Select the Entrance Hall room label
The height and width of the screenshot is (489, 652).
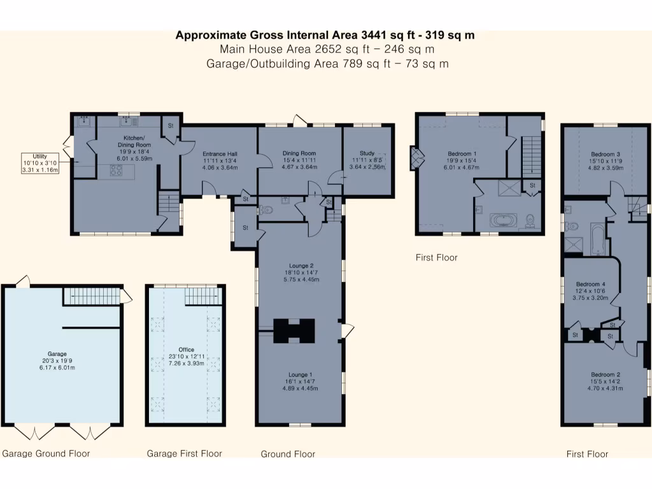[220, 160]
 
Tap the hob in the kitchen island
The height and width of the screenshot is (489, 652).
[117, 170]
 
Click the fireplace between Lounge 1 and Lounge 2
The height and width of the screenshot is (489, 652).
[294, 330]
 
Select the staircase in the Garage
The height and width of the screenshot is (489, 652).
[93, 295]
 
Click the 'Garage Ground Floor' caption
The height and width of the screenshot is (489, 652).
[46, 453]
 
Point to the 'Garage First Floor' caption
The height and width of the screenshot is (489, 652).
[184, 453]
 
